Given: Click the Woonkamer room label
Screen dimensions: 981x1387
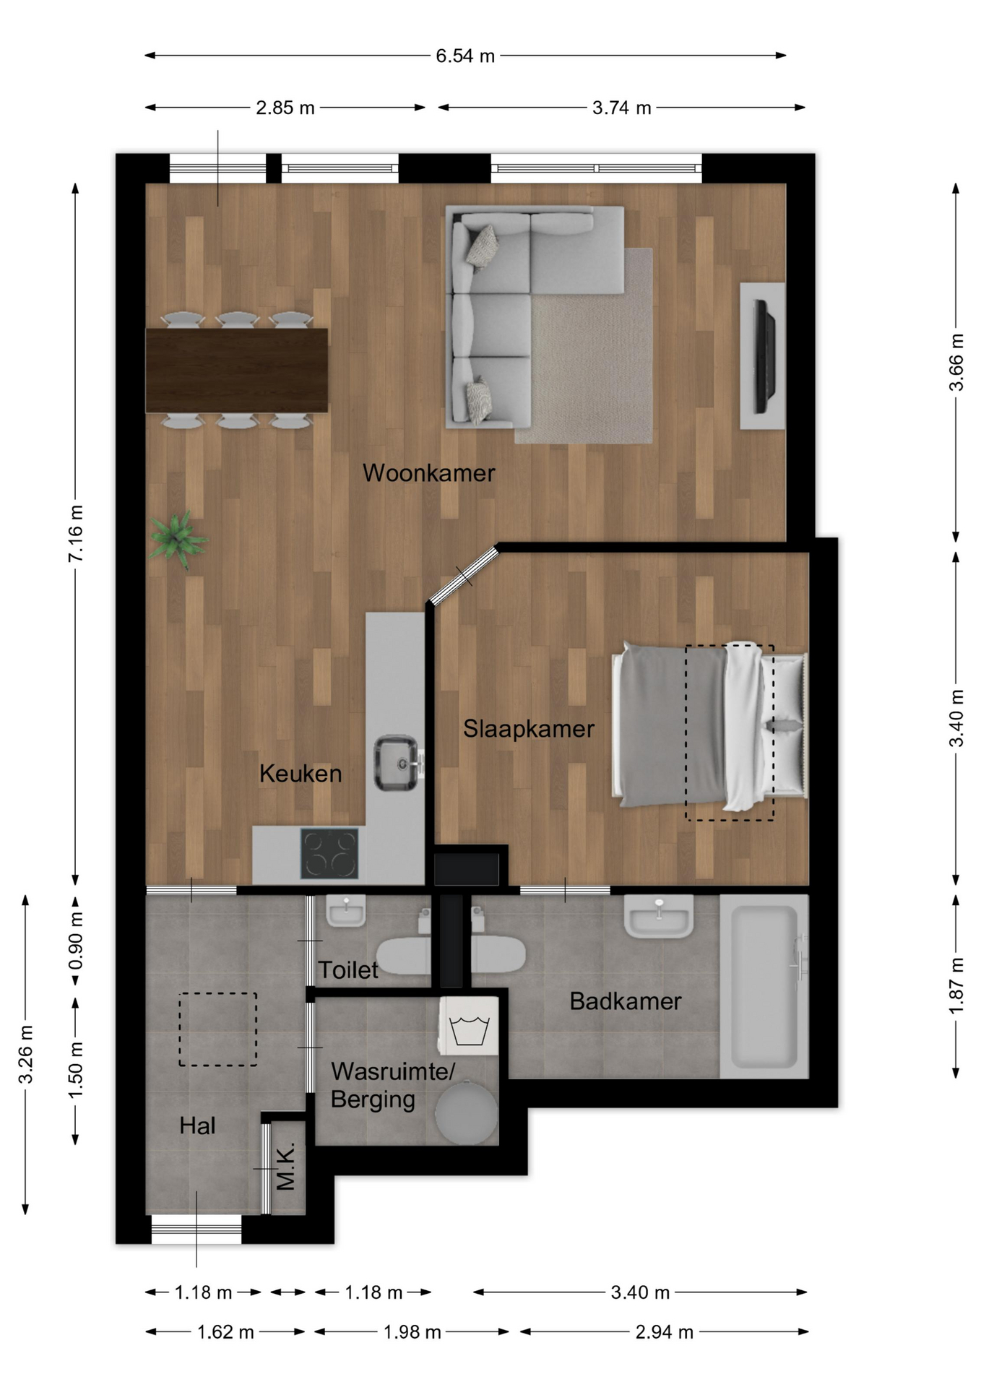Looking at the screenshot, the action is [x=428, y=473].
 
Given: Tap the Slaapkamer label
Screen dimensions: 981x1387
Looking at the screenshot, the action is [x=529, y=729].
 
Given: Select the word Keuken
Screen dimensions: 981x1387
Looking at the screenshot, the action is [x=301, y=774].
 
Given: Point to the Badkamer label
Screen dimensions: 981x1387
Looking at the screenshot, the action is [x=626, y=1001].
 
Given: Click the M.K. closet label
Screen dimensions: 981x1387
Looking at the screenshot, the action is [x=285, y=1166].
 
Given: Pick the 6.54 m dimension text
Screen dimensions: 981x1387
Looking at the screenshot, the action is [x=465, y=56].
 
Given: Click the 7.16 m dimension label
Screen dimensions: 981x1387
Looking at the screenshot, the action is [x=76, y=533].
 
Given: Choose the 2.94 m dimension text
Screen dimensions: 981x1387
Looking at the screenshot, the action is [x=665, y=1331].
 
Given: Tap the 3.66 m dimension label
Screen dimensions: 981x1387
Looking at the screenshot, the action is [x=956, y=362].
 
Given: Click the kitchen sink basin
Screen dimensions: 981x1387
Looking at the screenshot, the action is [x=396, y=763].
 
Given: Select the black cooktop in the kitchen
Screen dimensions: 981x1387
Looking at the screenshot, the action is [x=329, y=853].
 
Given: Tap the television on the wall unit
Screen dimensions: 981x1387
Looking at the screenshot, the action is [x=764, y=357].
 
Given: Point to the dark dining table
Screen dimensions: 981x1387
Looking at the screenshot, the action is [x=237, y=371].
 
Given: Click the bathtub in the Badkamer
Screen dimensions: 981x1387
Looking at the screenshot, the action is [x=764, y=986].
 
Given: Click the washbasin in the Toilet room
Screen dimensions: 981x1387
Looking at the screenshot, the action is [x=346, y=911].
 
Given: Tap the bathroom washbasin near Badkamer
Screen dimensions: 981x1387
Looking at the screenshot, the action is [x=659, y=916].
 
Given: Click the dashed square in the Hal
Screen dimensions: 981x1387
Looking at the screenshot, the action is [x=218, y=1029].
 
